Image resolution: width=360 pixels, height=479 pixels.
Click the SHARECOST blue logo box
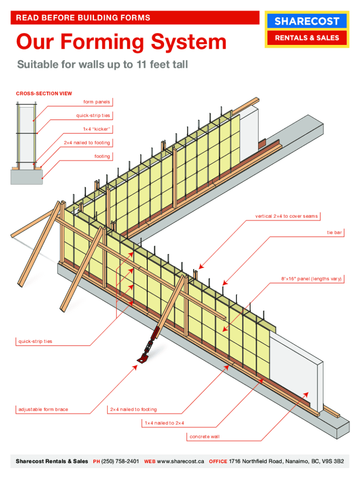click(x=307, y=21)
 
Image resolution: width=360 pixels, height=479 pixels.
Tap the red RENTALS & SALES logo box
click(x=307, y=38)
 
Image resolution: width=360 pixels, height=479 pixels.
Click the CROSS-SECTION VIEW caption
click(x=44, y=94)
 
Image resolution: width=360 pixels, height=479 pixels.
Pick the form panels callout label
click(x=97, y=102)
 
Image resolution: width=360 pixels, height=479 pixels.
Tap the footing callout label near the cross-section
click(x=102, y=156)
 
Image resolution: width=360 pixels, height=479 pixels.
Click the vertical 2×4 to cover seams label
click(x=286, y=216)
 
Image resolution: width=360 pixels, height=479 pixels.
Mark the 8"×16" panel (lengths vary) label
click(x=311, y=279)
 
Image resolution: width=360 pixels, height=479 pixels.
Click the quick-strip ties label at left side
click(x=36, y=341)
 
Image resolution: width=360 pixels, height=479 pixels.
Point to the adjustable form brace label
click(x=43, y=409)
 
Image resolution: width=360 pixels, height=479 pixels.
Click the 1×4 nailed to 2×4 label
click(x=164, y=423)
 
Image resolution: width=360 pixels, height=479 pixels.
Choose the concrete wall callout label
click(x=204, y=436)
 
